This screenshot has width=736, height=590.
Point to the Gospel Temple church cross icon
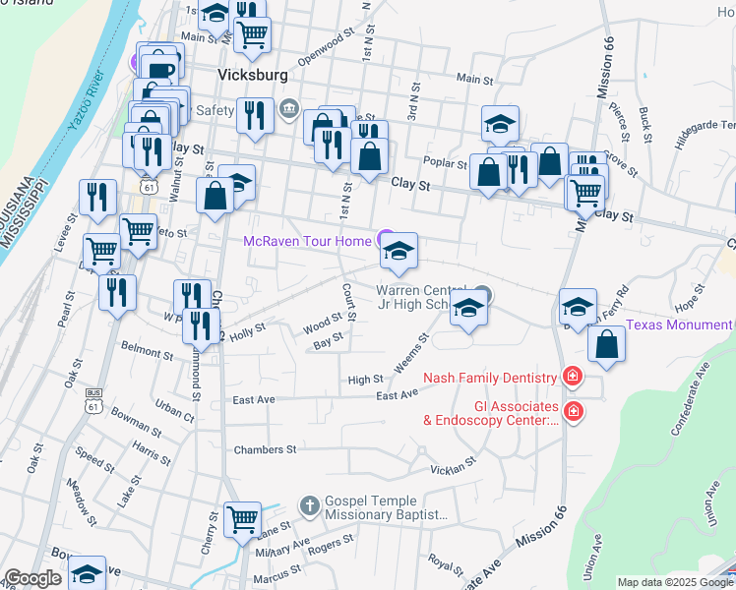pos(309,505)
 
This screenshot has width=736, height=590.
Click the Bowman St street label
pos(137,423)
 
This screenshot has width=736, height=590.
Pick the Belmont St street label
pos(148,349)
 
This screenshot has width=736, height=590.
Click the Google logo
pos(32,578)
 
